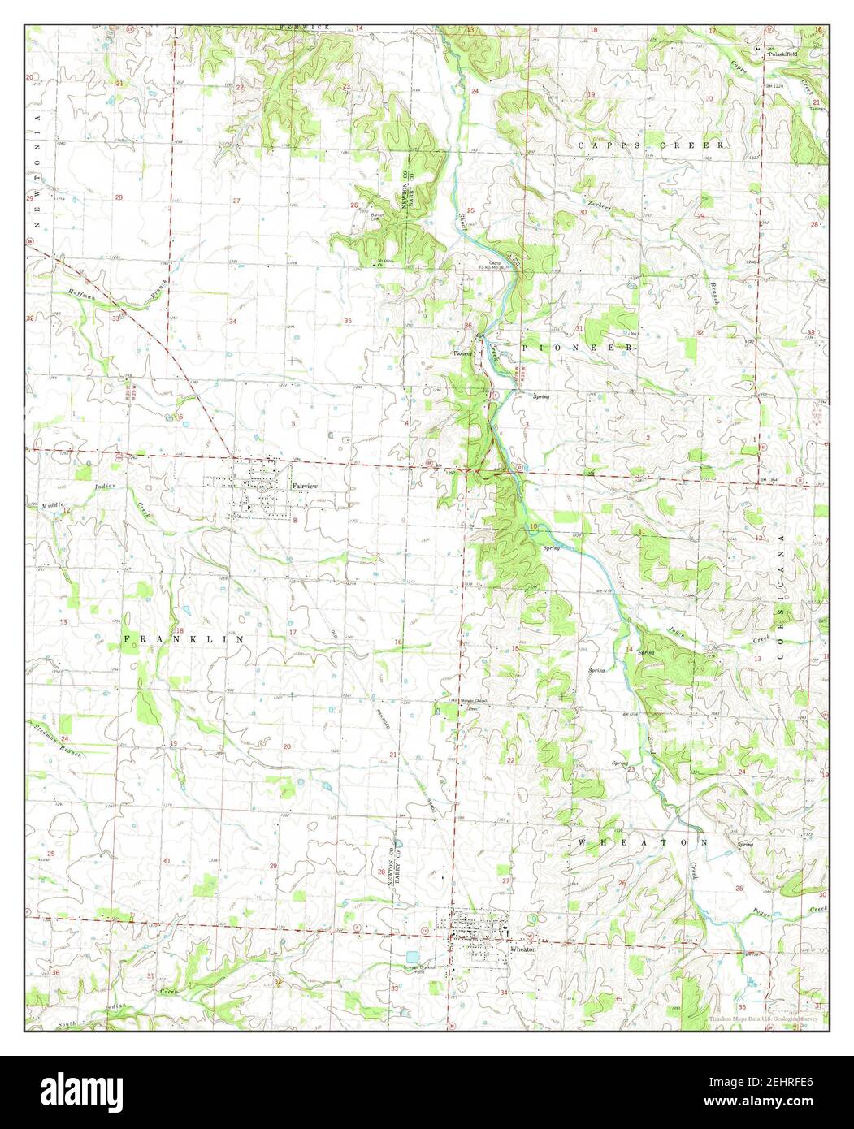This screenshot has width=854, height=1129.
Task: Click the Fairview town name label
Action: (x=305, y=485)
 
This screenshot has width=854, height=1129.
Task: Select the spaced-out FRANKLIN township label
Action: (x=184, y=640)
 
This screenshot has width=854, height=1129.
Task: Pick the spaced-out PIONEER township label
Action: (x=577, y=347)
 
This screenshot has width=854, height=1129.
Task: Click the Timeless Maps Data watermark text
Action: (x=764, y=1019)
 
